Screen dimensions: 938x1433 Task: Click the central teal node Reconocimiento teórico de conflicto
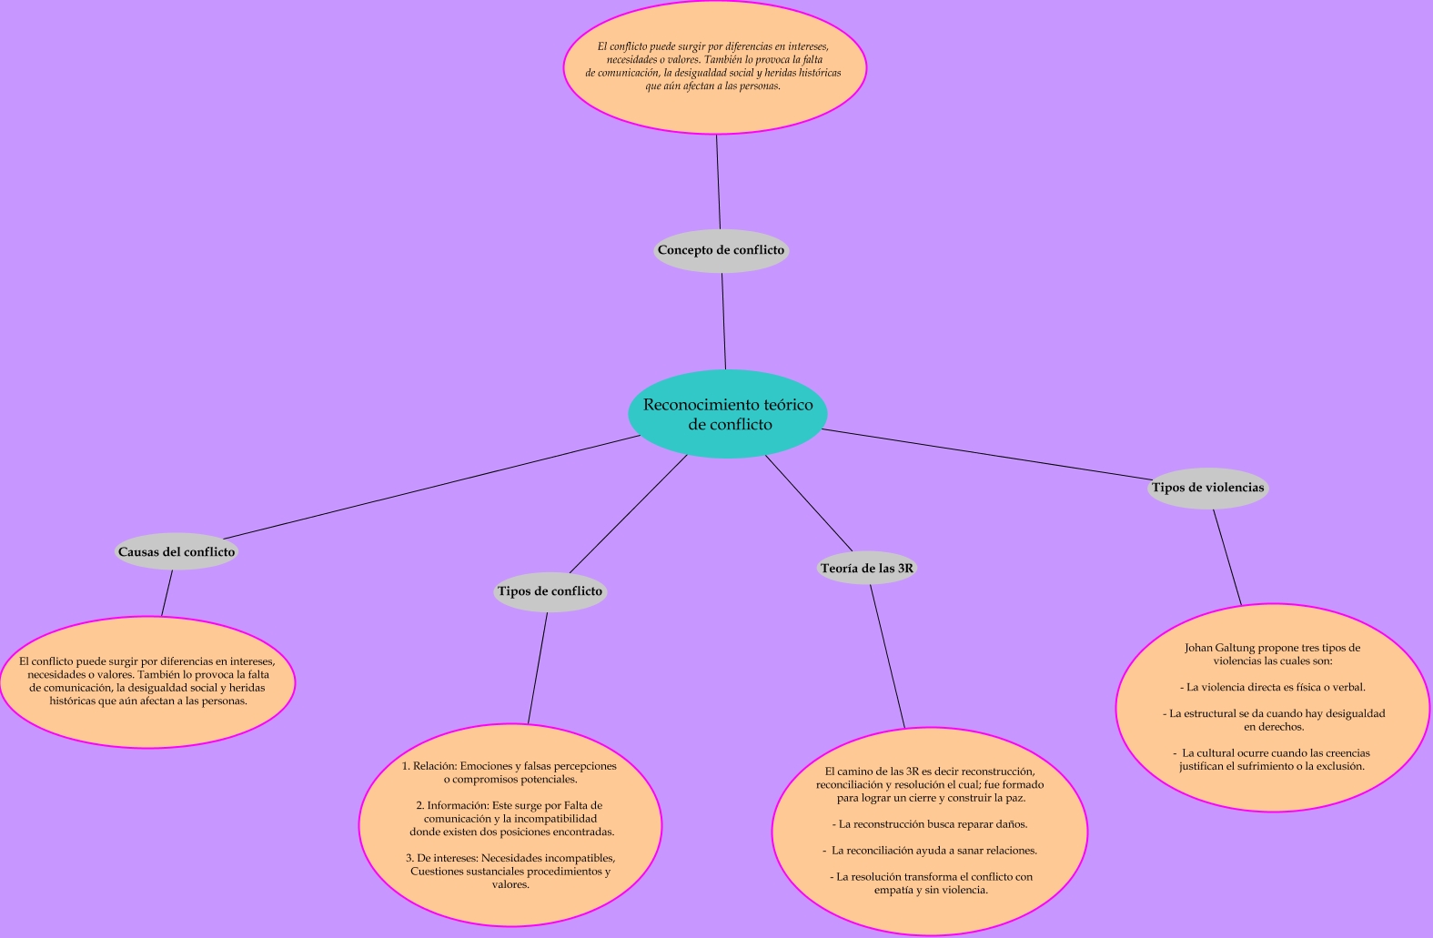tap(727, 414)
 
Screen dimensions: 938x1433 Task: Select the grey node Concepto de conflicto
tap(721, 250)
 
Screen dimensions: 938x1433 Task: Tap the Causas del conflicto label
tap(177, 551)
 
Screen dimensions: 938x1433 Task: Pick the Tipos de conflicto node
tap(550, 591)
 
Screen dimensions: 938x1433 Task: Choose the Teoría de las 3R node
tap(866, 569)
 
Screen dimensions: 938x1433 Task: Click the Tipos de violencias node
tap(1207, 488)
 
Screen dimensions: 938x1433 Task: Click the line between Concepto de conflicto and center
tap(724, 321)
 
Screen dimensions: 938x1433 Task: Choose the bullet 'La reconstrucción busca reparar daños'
tap(930, 824)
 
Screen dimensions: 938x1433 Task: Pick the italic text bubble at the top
tap(714, 66)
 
